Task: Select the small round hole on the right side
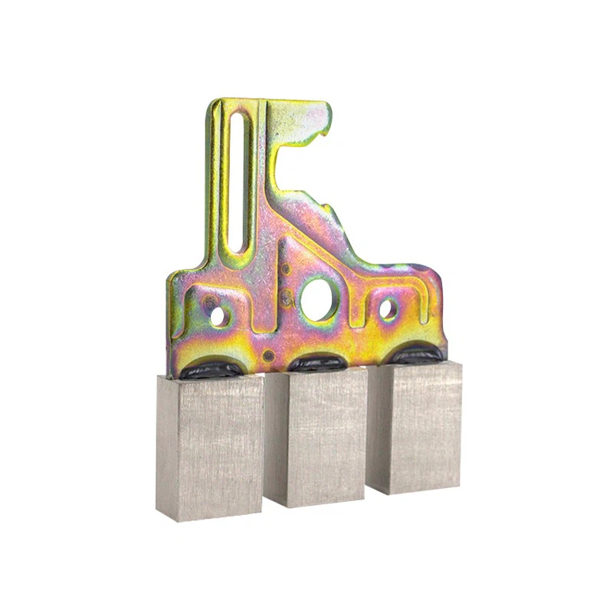(388, 309)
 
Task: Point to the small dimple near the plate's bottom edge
(267, 356)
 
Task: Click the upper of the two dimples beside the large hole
(285, 269)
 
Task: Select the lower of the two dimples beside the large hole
(286, 294)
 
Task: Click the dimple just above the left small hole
(208, 300)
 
